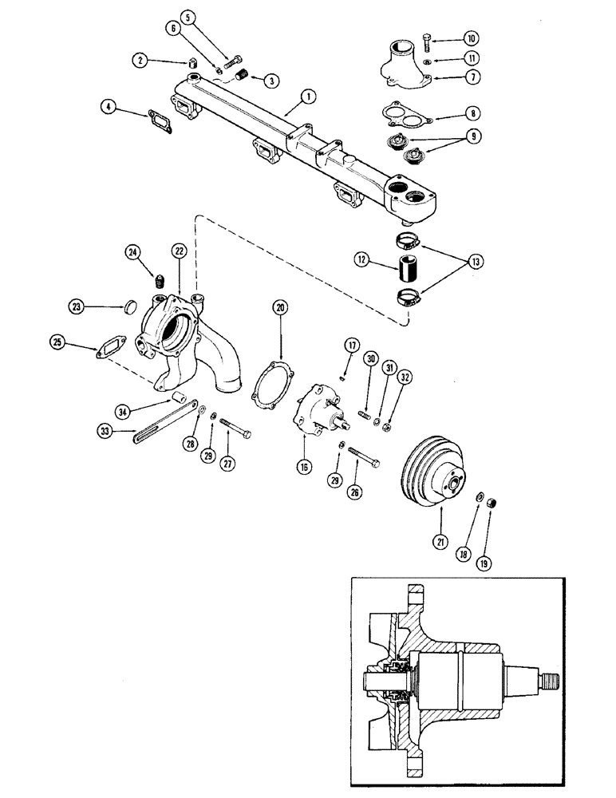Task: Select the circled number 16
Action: (304, 468)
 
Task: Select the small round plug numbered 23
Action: (133, 305)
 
